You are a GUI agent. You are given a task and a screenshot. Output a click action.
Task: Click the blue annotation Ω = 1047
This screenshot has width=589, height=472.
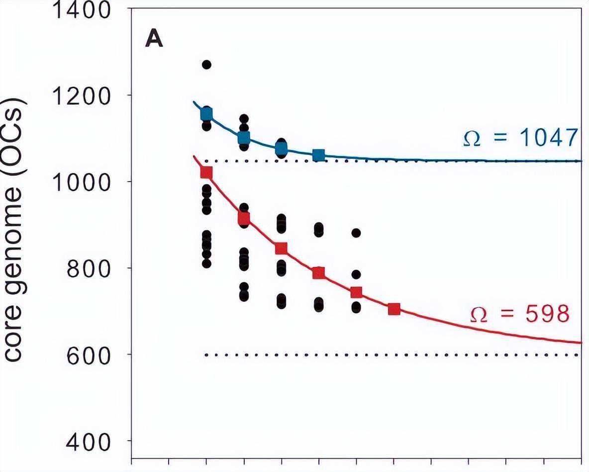coord(520,138)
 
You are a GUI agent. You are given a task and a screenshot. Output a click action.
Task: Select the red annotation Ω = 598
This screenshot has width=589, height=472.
coord(520,314)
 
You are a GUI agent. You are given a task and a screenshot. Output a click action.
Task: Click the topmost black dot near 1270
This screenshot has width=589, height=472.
coord(206,64)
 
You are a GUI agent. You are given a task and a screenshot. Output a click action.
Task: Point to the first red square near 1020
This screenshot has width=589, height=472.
coord(206,173)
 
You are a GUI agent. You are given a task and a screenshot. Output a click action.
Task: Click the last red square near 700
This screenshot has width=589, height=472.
coord(394,310)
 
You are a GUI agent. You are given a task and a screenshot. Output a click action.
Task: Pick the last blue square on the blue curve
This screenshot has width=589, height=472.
coord(319,155)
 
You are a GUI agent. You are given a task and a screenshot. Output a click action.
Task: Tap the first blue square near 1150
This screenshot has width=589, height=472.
coord(206,115)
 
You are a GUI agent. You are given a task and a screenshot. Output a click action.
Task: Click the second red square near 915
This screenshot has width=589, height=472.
coord(244,218)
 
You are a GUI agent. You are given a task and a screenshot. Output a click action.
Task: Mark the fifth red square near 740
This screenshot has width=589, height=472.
coord(356,292)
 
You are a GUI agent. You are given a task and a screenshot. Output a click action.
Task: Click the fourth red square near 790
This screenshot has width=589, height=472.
coord(319,273)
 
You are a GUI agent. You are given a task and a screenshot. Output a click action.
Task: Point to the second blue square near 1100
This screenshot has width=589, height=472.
coord(244,137)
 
